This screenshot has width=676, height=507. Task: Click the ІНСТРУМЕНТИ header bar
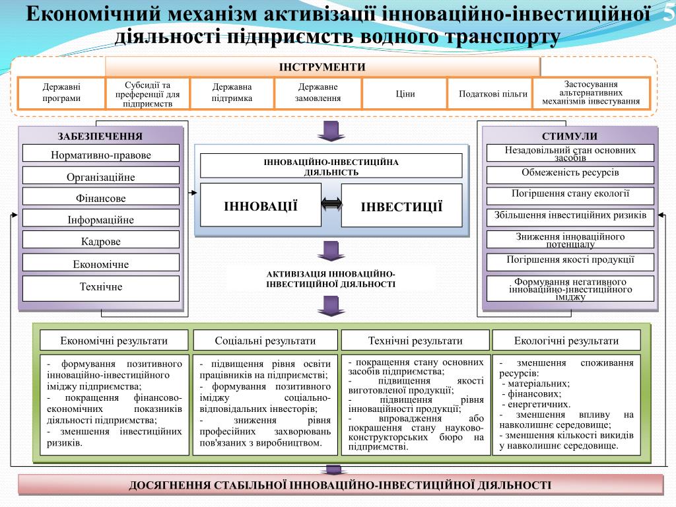[322, 67]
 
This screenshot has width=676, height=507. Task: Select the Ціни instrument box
[405, 94]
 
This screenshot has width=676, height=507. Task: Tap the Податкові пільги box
[492, 94]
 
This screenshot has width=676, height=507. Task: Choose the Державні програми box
[61, 94]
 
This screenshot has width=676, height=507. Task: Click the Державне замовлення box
[318, 93]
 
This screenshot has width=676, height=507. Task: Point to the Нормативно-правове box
[101, 155]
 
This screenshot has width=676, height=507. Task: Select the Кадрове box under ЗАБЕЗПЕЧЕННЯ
[101, 242]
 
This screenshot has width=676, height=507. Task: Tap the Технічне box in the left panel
[101, 287]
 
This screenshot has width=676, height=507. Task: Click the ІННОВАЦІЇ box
[261, 206]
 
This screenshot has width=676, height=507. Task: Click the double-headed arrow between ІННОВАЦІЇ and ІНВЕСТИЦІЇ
[331, 205]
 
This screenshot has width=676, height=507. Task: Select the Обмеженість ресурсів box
[570, 174]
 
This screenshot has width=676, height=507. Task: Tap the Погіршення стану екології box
[570, 195]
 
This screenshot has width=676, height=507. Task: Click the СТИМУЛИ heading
[570, 136]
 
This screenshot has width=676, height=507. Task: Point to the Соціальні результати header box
[265, 341]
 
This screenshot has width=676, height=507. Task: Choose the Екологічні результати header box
[566, 341]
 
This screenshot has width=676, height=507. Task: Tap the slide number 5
[668, 15]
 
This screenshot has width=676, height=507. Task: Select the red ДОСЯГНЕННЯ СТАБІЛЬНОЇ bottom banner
[340, 485]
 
